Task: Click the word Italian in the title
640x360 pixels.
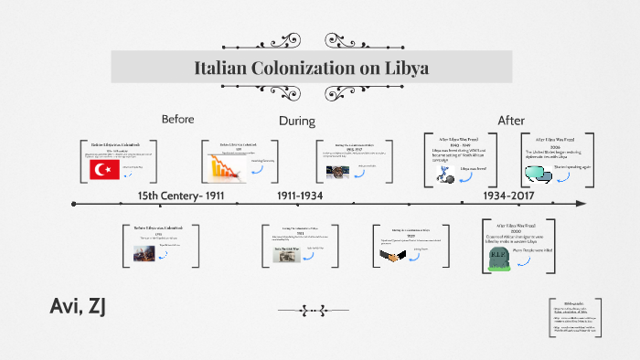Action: (229, 68)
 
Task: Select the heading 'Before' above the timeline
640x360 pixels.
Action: (178, 120)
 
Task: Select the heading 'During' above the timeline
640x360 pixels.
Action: (296, 121)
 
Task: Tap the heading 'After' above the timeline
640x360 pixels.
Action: (511, 121)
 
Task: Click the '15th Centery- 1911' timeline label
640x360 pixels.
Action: (181, 196)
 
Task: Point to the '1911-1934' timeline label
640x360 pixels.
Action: (300, 196)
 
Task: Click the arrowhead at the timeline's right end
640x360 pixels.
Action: (580, 204)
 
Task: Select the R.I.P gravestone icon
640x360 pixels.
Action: (498, 258)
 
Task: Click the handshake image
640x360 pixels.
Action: (394, 256)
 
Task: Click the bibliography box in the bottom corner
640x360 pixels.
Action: (574, 319)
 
